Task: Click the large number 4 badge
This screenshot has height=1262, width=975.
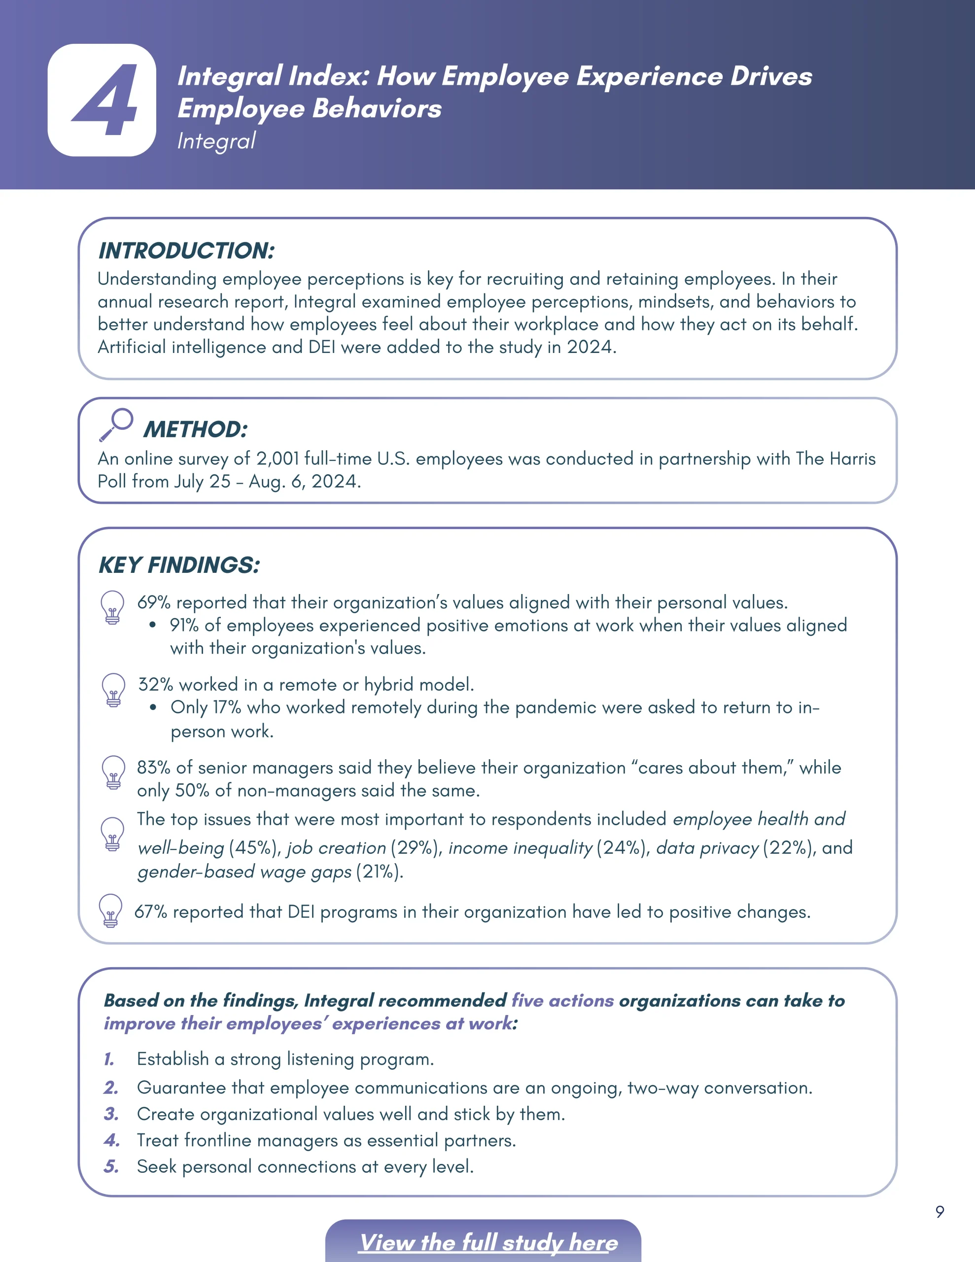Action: (102, 100)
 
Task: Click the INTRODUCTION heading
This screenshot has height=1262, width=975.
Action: (186, 251)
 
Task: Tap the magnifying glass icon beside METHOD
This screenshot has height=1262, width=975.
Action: (115, 425)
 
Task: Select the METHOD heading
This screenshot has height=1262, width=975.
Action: (195, 429)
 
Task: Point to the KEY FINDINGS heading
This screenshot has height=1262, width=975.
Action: (179, 565)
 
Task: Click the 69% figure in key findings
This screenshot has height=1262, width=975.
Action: (154, 603)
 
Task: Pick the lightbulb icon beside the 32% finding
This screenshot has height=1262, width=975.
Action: (113, 690)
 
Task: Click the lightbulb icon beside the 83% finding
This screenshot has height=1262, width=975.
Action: (113, 772)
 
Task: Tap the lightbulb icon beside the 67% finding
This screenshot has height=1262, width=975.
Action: (110, 911)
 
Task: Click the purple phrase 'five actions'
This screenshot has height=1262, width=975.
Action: (562, 1000)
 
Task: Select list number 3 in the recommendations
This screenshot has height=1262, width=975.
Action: (111, 1114)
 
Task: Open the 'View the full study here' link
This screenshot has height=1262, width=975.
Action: (488, 1242)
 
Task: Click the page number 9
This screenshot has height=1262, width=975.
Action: (940, 1212)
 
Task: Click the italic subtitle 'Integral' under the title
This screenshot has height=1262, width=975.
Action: (216, 141)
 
